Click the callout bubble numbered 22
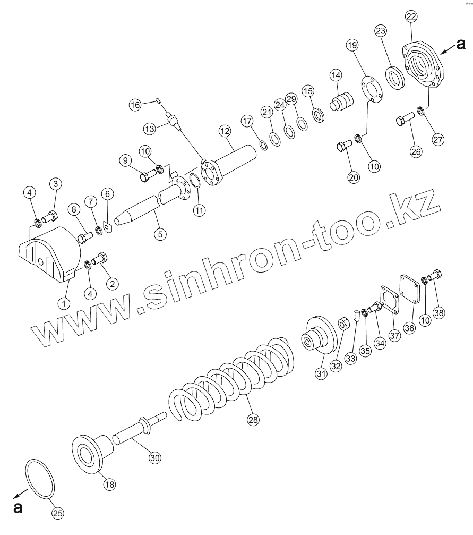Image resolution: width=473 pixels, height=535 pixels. [411, 17]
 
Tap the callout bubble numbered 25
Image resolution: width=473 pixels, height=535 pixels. [58, 513]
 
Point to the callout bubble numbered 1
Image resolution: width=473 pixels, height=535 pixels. [64, 303]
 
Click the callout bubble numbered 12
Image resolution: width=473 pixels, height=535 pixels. [224, 130]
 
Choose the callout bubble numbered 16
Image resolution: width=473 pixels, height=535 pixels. [136, 105]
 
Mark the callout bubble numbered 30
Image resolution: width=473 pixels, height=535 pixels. [154, 457]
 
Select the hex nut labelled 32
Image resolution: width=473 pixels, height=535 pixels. [343, 322]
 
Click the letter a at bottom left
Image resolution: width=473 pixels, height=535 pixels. [18, 508]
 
